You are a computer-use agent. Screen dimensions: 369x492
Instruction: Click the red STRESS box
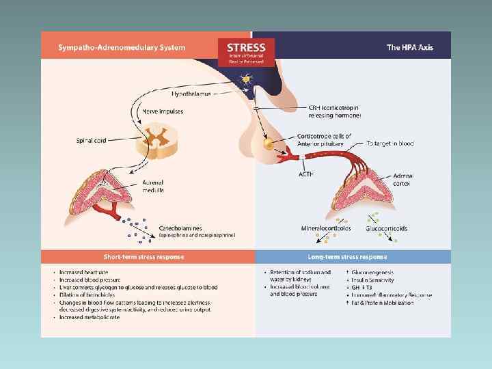point(246,51)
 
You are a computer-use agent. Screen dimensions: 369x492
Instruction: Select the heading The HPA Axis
point(410,47)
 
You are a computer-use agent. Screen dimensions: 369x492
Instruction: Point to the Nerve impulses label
point(159,111)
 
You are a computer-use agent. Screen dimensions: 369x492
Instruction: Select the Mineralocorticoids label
point(326,228)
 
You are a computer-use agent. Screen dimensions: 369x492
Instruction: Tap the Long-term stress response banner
point(353,257)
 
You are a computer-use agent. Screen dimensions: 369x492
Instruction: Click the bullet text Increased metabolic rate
point(90,317)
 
